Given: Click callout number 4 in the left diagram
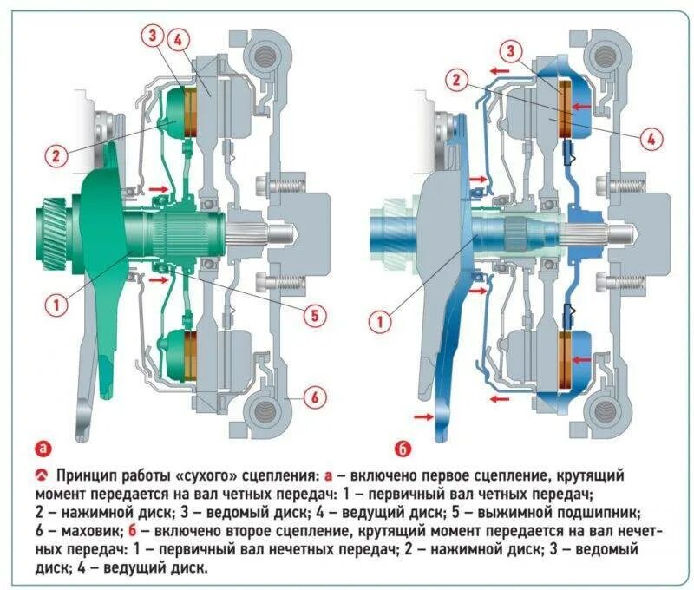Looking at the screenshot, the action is [179, 39].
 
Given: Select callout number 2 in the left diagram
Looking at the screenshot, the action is [55, 156].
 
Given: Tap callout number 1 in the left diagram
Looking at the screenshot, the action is [56, 305].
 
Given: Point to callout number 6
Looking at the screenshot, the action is [316, 398].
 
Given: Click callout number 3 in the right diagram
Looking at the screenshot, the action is [514, 51].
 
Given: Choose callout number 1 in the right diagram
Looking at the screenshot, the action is [379, 323].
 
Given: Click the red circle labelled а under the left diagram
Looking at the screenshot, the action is [44, 449].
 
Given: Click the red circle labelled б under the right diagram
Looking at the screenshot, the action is [402, 449].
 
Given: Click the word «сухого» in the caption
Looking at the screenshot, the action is [203, 476].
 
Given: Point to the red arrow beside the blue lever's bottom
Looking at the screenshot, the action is [423, 417].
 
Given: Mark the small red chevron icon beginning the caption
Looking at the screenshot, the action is [42, 476].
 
